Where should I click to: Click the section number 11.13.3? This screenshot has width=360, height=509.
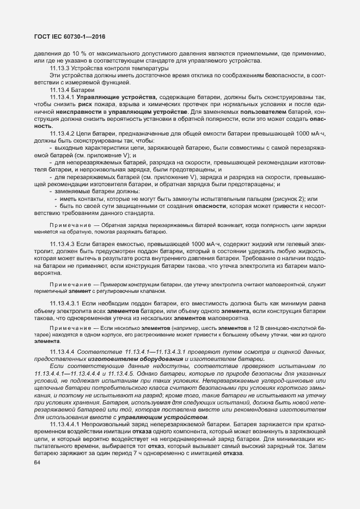click(x=60, y=68)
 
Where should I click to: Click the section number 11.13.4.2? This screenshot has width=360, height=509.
click(x=63, y=133)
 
